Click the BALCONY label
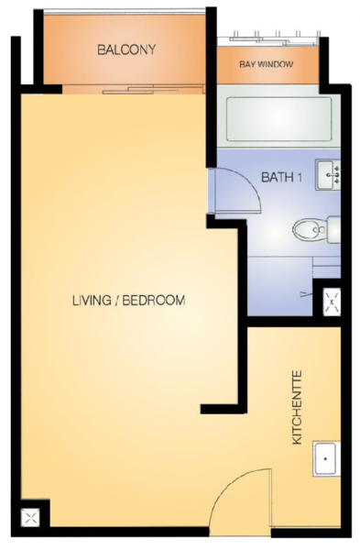126,49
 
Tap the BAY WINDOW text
267,64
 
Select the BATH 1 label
281,177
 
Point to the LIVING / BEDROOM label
128,301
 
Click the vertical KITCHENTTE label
297,408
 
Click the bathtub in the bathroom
279,119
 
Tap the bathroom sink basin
328,174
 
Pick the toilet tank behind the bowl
333,230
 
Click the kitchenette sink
326,458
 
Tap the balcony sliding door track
133,90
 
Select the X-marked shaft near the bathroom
332,301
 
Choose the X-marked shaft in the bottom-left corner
30,518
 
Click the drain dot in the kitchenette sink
325,458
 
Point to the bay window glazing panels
268,38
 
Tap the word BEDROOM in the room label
154,301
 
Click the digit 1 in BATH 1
300,177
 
